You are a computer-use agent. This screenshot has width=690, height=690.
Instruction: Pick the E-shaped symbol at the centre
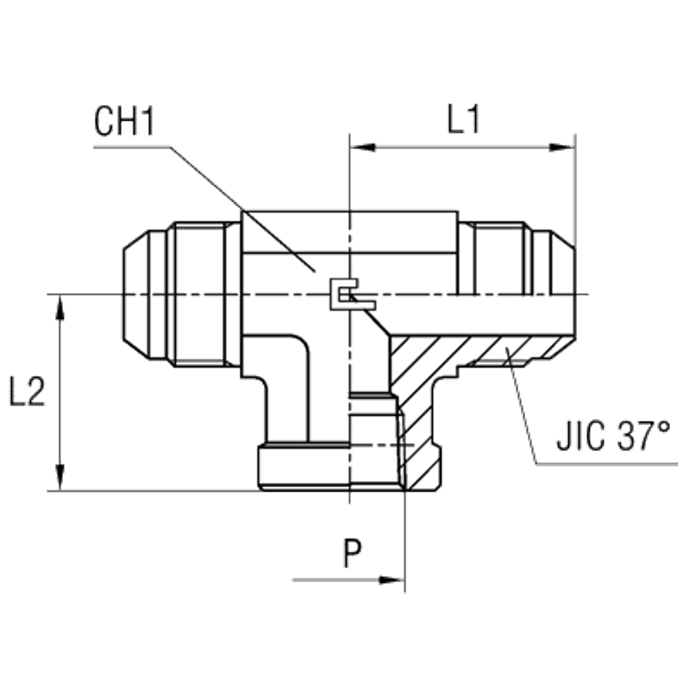pyautogui.click(x=349, y=295)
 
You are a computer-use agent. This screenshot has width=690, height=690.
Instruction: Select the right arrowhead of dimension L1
pyautogui.click(x=562, y=146)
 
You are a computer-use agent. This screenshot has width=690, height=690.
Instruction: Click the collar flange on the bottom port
pyautogui.click(x=304, y=469)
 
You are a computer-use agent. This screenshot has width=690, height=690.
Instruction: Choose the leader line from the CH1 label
pyautogui.click(x=241, y=207)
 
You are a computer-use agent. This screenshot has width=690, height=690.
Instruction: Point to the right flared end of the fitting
pyautogui.click(x=552, y=276)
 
